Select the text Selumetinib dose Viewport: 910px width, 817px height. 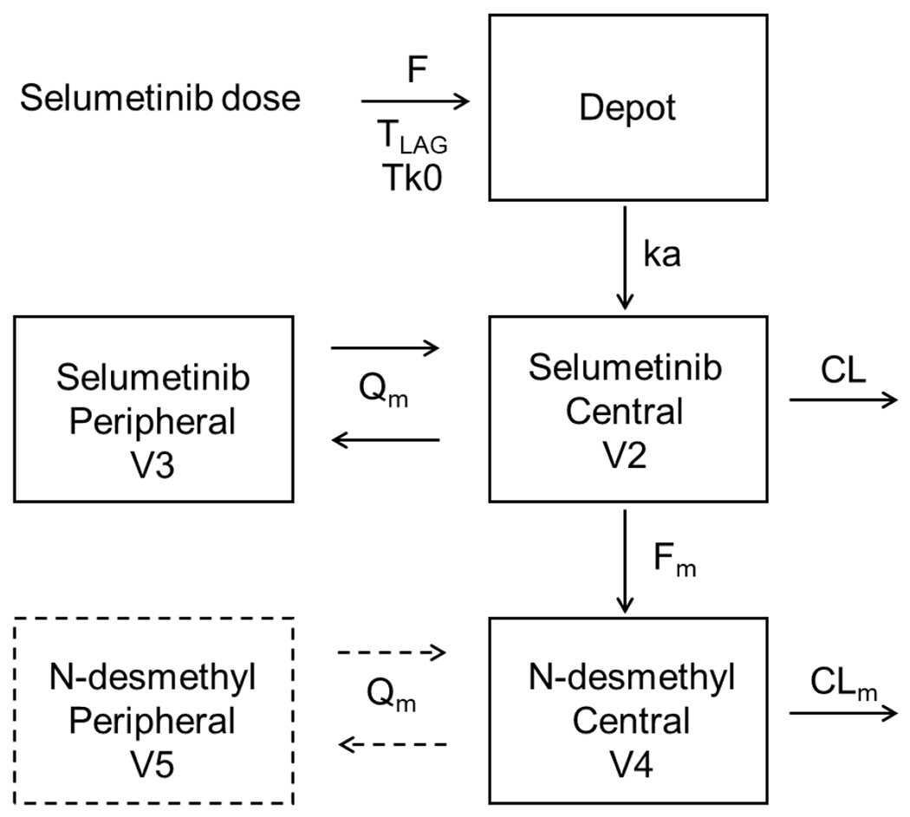(159, 97)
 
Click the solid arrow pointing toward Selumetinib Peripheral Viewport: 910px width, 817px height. (387, 441)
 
